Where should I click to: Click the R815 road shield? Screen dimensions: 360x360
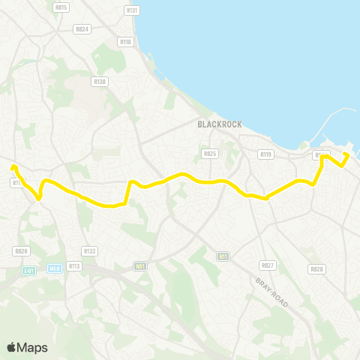click(61, 7)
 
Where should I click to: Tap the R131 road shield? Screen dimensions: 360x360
click(133, 10)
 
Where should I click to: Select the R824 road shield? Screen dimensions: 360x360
click(82, 29)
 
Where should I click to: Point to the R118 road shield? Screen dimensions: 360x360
click(125, 43)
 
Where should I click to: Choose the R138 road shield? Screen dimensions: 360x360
click(99, 81)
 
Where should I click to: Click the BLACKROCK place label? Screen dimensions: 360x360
click(219, 124)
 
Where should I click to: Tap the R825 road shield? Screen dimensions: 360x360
click(209, 154)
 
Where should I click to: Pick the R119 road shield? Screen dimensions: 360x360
click(265, 154)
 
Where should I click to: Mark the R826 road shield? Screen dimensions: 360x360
click(21, 251)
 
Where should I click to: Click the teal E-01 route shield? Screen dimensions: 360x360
click(29, 270)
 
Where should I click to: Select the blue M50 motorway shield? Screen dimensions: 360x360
click(54, 268)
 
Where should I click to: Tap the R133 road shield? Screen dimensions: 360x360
click(90, 251)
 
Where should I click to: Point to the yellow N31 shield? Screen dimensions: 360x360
click(140, 265)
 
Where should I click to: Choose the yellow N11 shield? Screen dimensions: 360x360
click(223, 256)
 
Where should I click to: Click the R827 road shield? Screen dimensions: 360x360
click(267, 265)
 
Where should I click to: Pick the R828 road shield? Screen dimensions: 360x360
click(316, 268)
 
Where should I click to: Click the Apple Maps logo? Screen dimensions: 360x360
click(28, 346)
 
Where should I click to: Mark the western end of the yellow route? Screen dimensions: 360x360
click(13, 166)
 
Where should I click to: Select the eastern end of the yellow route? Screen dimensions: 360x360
click(347, 154)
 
